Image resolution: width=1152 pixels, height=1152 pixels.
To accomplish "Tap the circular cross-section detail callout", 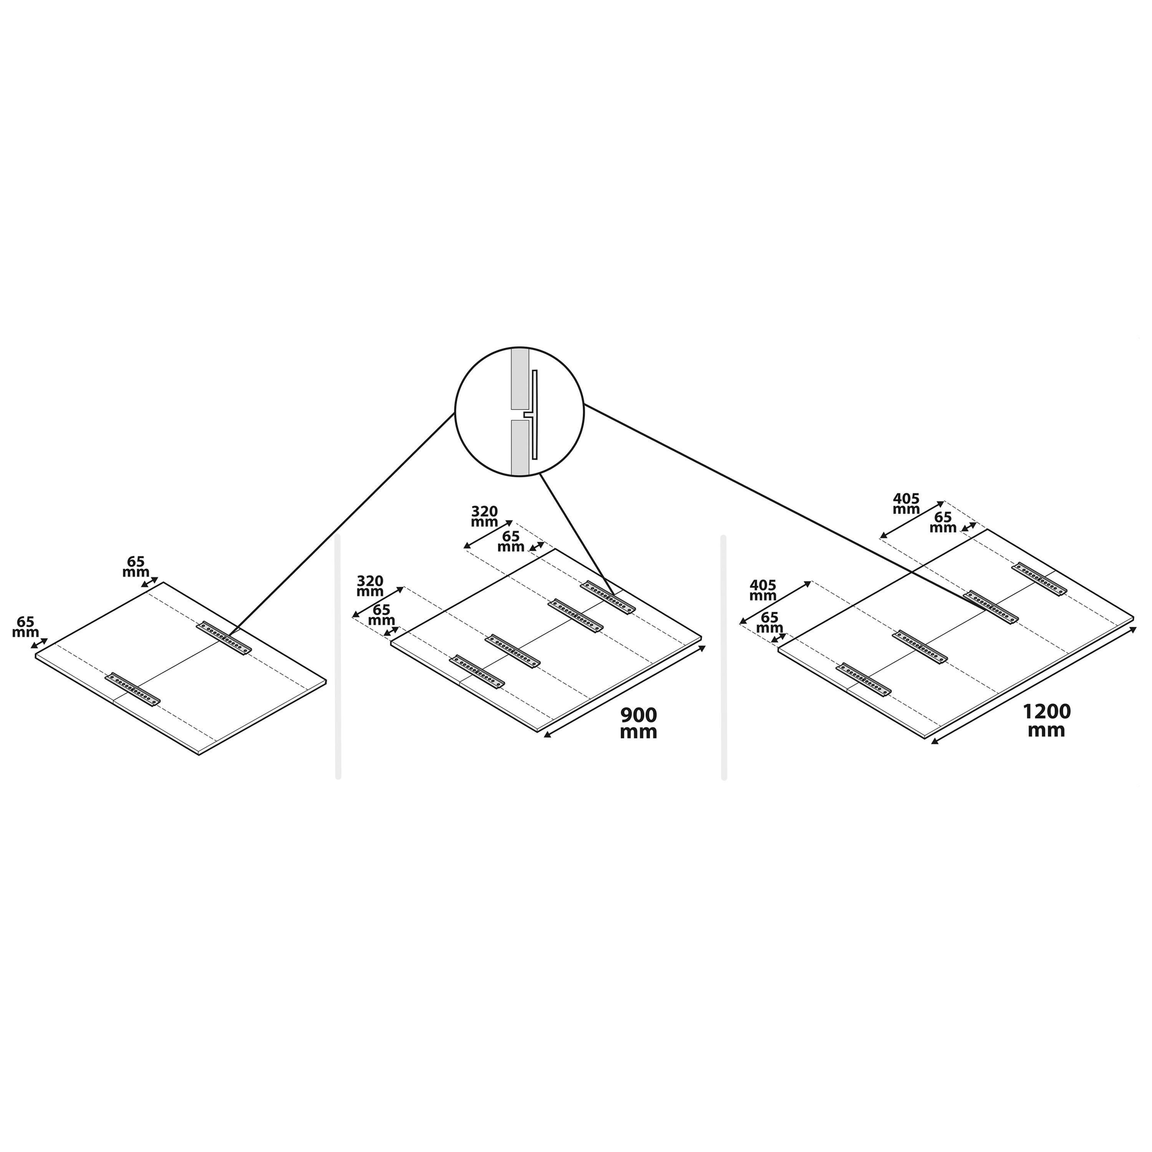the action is point(519,411).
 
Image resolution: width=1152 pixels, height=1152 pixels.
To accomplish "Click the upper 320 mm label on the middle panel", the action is point(484,516).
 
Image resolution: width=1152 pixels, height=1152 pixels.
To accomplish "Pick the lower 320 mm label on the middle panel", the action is point(370,586).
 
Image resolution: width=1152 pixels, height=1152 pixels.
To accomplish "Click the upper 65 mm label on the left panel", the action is point(136,566).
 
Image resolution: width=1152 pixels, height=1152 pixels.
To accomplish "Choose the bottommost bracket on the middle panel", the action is point(477,671).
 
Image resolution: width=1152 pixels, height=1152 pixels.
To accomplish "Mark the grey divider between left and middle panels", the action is point(338,657).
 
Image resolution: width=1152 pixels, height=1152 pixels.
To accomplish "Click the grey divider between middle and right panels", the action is point(724,657).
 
